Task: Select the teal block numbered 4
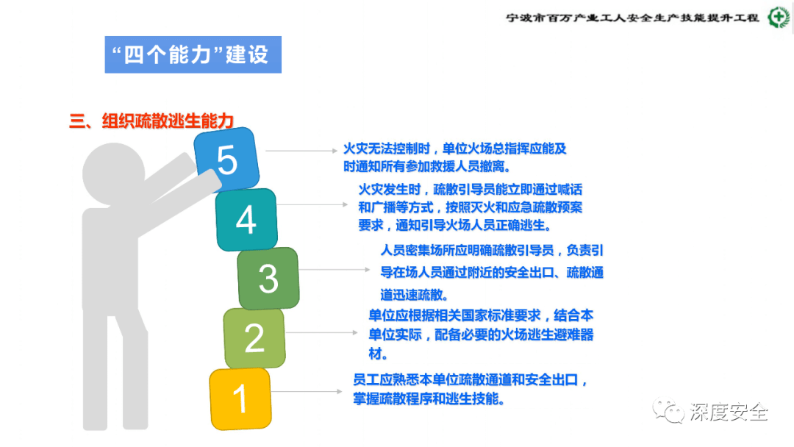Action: click(x=246, y=219)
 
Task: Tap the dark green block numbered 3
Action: click(x=268, y=278)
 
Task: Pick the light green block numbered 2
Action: click(x=254, y=337)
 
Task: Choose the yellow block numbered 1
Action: click(x=240, y=398)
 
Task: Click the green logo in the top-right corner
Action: click(x=778, y=18)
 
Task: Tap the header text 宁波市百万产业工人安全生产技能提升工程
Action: click(x=633, y=18)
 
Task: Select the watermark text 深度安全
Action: click(x=729, y=412)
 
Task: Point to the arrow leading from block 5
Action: click(x=300, y=151)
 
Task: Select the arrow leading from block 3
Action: click(x=335, y=270)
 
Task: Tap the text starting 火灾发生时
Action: click(x=470, y=207)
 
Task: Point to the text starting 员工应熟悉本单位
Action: click(x=471, y=390)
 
